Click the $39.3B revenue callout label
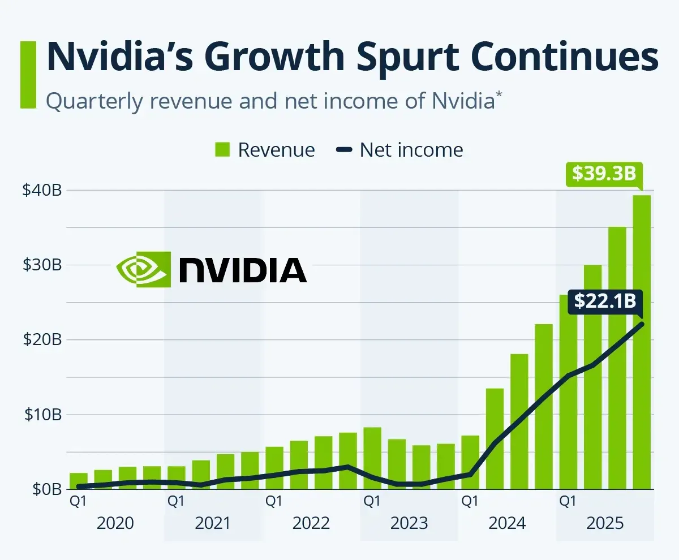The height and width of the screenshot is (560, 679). click(604, 174)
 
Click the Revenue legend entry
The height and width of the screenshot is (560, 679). click(265, 150)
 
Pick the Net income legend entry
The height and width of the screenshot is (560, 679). click(399, 150)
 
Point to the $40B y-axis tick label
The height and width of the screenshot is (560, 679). click(42, 191)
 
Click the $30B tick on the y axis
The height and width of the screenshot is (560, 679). click(42, 265)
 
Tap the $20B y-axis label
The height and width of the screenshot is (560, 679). click(42, 340)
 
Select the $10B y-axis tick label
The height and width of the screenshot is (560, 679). click(42, 415)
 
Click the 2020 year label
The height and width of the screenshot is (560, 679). click(115, 523)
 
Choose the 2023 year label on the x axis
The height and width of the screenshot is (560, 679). click(409, 523)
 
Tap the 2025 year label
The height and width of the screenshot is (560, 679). click(605, 523)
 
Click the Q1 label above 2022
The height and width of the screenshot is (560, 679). click(274, 501)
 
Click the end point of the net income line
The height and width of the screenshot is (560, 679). click(642, 324)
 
